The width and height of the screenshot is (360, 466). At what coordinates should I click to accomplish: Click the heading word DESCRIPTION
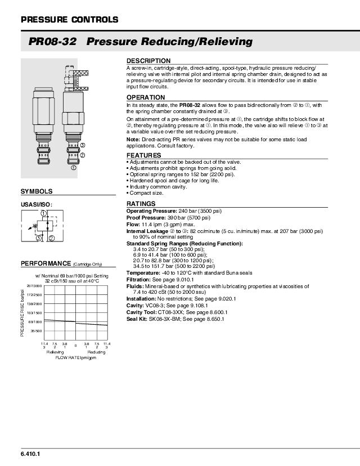[x=148, y=61]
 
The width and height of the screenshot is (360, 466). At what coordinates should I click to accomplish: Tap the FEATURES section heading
[x=143, y=155]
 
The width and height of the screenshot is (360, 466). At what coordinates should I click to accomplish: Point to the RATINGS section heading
[x=141, y=204]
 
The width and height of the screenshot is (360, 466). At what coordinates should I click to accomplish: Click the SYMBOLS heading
[x=37, y=192]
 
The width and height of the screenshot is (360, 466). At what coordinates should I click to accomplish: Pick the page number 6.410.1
[x=30, y=454]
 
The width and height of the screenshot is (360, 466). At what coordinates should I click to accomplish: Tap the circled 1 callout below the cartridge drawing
[x=73, y=167]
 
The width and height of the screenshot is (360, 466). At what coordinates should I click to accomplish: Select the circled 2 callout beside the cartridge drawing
[x=83, y=155]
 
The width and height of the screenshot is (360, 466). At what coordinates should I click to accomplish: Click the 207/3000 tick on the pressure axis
[x=35, y=286]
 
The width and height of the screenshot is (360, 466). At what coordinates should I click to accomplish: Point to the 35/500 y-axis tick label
[x=36, y=331]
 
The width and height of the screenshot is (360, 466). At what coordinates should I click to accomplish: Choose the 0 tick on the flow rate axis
[x=75, y=345]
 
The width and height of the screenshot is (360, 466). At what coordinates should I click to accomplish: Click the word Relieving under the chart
[x=55, y=352]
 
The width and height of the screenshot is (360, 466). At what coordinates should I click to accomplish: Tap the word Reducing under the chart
[x=96, y=352]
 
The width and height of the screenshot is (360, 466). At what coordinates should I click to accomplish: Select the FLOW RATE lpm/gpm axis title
[x=75, y=357]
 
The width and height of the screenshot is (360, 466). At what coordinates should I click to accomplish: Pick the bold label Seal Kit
[x=137, y=319]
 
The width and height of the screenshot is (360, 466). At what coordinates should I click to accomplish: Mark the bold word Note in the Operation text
[x=132, y=139]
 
